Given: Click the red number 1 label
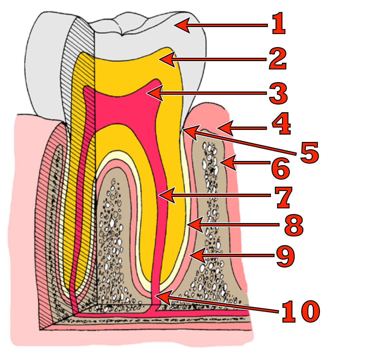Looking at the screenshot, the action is (279, 24).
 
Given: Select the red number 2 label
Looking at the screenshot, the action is (278, 59).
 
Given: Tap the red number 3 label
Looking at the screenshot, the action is (279, 93).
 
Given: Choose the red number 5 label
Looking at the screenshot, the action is (309, 153).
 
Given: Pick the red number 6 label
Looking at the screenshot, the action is (280, 168).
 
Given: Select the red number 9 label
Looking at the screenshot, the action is (286, 256).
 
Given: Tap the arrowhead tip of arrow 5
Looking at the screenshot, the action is (183, 130).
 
